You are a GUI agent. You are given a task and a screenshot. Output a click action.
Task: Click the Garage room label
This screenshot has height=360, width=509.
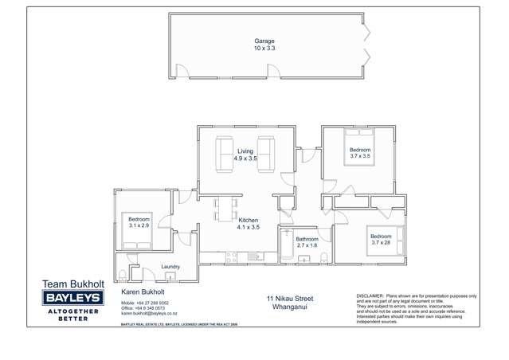click(x=264, y=40)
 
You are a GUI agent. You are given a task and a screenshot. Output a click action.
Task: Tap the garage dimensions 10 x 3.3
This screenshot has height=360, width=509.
click(x=264, y=48)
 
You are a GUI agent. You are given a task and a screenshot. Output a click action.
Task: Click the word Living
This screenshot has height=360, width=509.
click(x=245, y=151)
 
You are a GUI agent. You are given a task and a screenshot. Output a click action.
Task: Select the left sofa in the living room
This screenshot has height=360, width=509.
click(x=222, y=154)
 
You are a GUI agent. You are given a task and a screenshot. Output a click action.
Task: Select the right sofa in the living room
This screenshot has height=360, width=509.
click(x=265, y=154)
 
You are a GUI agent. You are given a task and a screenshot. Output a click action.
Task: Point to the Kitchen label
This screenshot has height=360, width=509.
click(x=249, y=220)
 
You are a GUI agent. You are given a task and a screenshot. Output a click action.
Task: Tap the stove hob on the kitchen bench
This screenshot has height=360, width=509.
click(x=232, y=256)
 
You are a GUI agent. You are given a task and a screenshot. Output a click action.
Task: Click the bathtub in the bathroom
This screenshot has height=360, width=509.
click(x=287, y=246)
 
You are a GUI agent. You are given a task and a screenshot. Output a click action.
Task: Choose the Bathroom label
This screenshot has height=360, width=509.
click(x=307, y=239)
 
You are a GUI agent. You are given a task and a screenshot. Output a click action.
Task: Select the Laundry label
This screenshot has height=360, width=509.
click(x=170, y=267)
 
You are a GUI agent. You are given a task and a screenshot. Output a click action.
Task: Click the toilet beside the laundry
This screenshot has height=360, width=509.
click(x=123, y=274)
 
